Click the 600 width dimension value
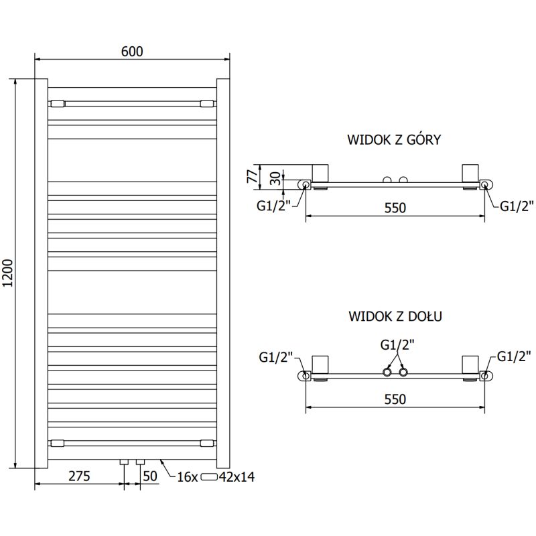click(133, 51)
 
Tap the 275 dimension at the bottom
click(78, 476)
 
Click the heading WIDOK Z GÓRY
click(394, 140)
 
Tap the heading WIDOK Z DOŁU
click(394, 316)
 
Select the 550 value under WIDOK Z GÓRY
click(395, 208)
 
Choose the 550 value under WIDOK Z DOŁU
click(395, 399)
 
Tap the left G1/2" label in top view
click(272, 206)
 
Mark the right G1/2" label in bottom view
click(515, 356)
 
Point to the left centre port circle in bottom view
click(387, 372)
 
